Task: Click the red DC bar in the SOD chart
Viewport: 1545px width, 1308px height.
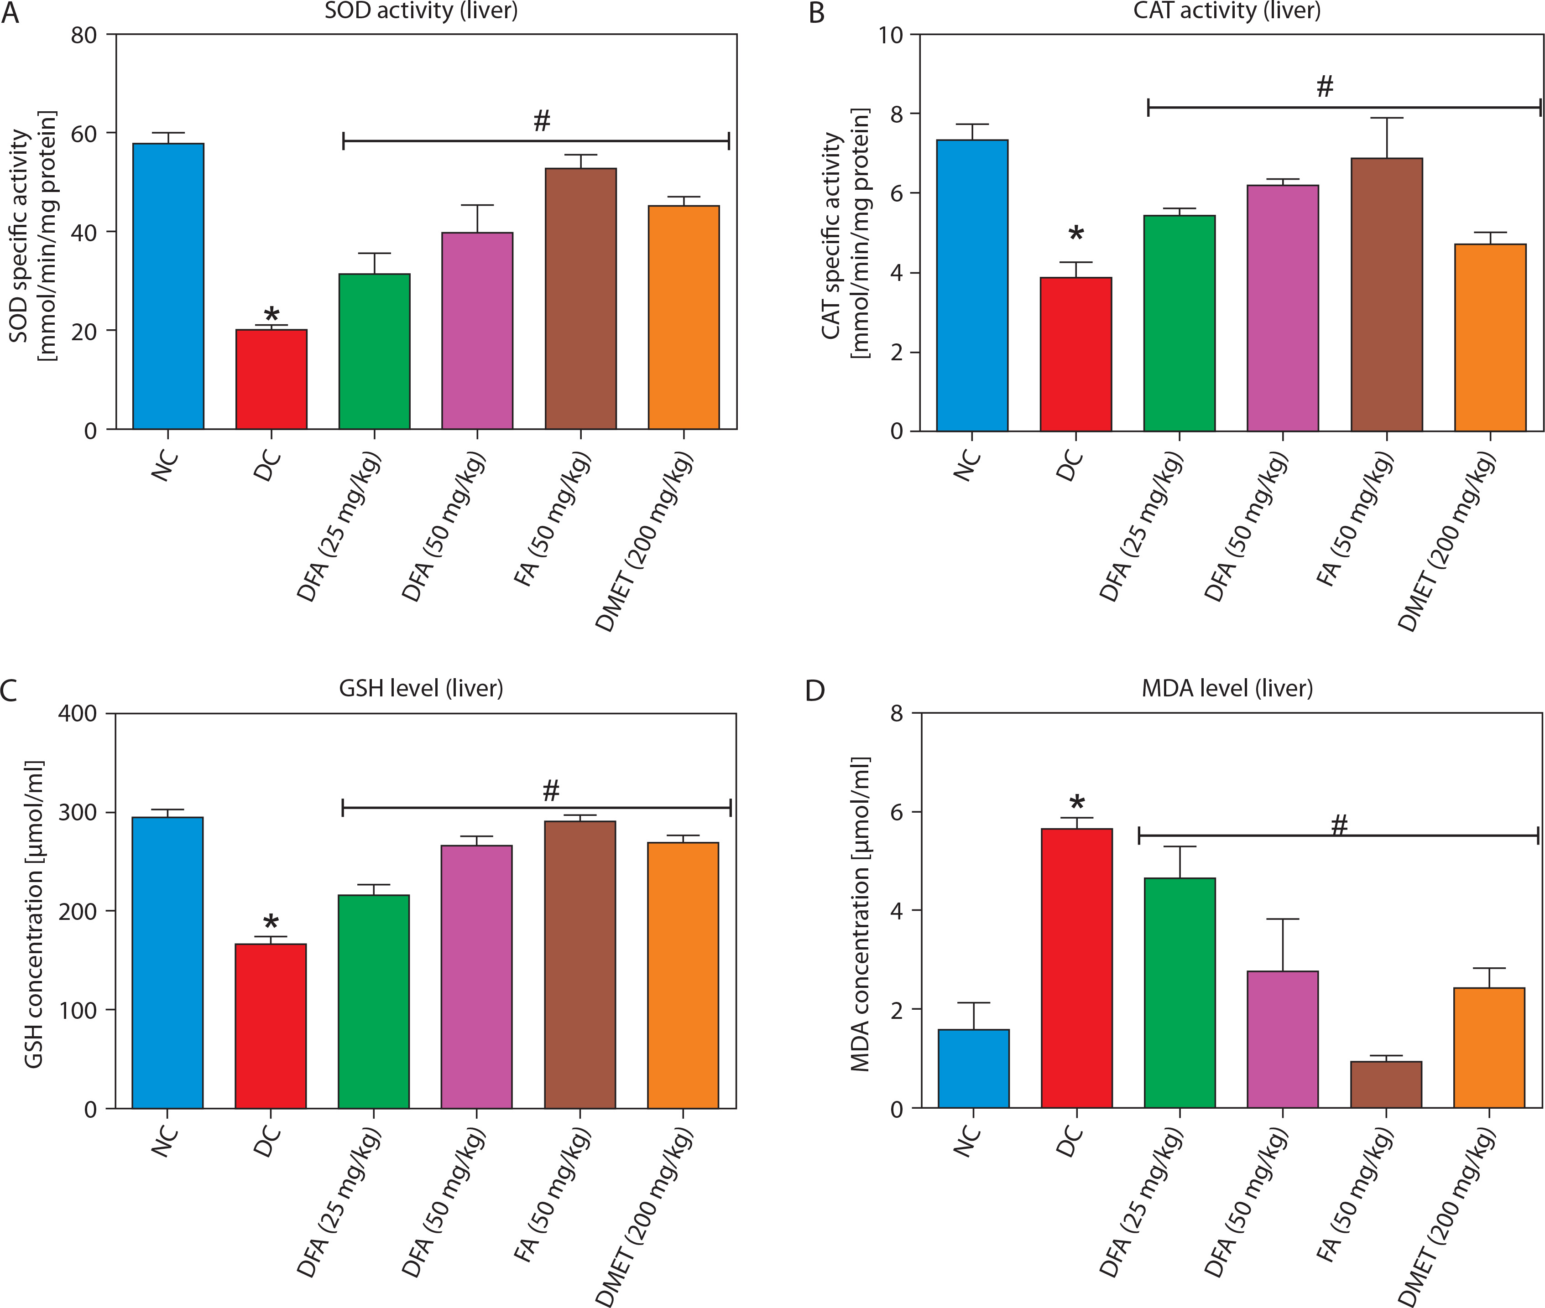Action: (271, 379)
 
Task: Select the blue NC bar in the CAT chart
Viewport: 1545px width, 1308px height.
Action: (971, 285)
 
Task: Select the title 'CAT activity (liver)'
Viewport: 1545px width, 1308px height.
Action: (1227, 11)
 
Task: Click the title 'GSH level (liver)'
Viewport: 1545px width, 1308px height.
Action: (421, 688)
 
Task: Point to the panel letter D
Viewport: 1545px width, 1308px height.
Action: (814, 691)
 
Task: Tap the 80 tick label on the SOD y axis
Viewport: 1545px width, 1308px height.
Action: (84, 35)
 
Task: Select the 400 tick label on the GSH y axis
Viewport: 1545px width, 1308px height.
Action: (77, 713)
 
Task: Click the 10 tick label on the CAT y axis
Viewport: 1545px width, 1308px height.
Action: (890, 35)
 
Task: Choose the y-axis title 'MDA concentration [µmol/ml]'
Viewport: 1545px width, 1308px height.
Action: (861, 914)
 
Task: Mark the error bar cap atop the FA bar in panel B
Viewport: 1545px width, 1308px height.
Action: (1386, 118)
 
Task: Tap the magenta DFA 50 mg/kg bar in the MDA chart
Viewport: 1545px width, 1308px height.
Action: (1283, 1039)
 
